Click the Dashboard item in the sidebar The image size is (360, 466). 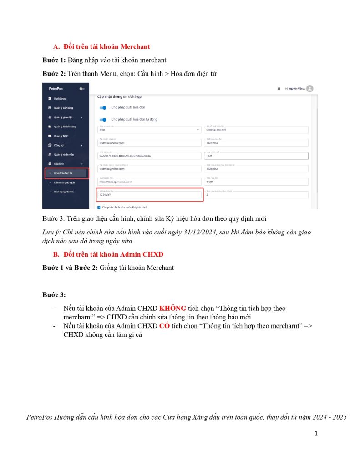pos(60,98)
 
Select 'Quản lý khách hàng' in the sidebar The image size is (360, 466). pos(64,127)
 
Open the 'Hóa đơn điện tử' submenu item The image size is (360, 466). pos(63,173)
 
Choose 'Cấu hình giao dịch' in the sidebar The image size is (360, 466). pos(64,182)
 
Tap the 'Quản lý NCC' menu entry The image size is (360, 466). pos(61,136)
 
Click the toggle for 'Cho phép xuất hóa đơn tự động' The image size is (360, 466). pos(103,119)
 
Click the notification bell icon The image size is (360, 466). pos(279,89)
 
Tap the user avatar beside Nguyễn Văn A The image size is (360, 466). pos(310,89)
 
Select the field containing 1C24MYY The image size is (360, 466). pos(149,195)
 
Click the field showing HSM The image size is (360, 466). pos(256,156)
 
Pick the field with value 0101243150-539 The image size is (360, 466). pos(256,130)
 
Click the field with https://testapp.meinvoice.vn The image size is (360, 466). pos(149,182)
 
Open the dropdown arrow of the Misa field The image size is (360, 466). pos(198,130)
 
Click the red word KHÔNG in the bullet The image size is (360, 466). pos(172,309)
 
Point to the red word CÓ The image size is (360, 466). pos(165,326)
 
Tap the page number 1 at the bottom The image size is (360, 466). pos(316,433)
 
